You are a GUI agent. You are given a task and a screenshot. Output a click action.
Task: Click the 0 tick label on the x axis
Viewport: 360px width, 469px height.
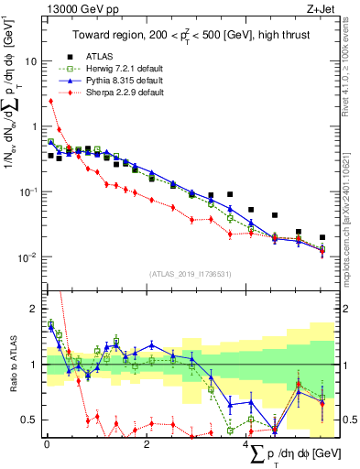point(46,444)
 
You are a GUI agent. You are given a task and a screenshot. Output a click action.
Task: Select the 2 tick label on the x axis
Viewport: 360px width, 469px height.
point(147,444)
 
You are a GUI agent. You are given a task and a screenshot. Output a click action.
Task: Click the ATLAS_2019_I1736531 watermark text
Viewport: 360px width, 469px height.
point(190,273)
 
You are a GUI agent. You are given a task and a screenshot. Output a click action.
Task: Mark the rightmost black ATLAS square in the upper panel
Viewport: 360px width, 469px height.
point(322,237)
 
